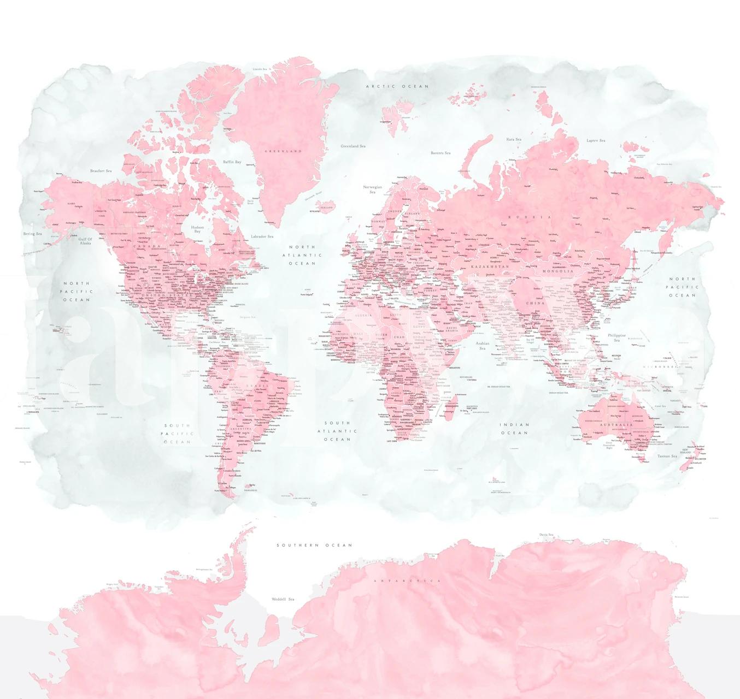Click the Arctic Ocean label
click(x=397, y=86)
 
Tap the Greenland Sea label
click(x=353, y=146)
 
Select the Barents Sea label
click(x=441, y=153)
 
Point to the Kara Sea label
click(x=514, y=139)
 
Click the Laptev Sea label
click(x=596, y=140)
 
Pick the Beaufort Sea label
click(x=101, y=171)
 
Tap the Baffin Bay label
click(x=232, y=162)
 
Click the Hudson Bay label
click(x=197, y=229)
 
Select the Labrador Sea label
click(x=262, y=236)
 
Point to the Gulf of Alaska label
click(x=85, y=241)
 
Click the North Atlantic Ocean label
click(x=302, y=255)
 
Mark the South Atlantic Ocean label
click(x=337, y=431)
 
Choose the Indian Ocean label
click(x=514, y=429)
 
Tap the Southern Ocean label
click(x=314, y=545)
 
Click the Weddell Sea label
click(x=283, y=599)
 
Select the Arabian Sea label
click(x=483, y=346)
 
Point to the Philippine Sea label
click(x=616, y=337)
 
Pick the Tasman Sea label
click(x=667, y=456)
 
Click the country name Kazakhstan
click(x=490, y=266)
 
